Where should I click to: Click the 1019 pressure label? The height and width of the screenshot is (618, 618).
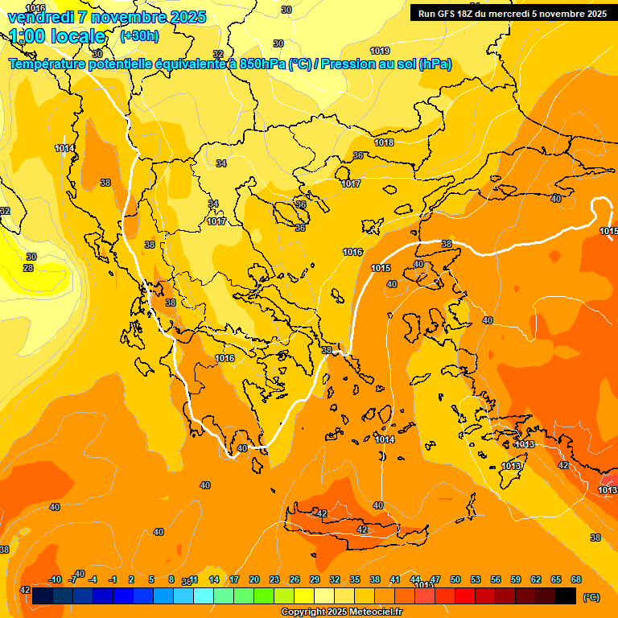380,51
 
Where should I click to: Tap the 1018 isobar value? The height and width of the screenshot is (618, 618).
384,142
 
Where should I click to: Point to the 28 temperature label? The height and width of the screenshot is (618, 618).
28,268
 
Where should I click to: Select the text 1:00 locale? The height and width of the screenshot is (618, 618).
58,36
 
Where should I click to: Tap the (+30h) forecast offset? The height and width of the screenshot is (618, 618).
139,36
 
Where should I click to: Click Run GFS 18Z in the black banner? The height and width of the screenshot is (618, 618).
450,14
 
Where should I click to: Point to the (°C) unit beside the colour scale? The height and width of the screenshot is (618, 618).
591,596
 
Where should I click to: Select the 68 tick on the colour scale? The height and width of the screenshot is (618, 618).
575,579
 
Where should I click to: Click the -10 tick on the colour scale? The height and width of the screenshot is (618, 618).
55,579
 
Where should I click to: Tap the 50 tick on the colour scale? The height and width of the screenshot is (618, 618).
455,579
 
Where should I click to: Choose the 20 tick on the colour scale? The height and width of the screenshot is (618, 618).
254,579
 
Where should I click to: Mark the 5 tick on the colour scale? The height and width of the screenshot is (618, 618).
151,579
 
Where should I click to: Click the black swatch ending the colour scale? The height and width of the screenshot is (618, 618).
566,595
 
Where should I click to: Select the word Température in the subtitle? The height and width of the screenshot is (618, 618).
47,64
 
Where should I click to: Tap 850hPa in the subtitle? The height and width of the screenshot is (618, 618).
262,64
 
